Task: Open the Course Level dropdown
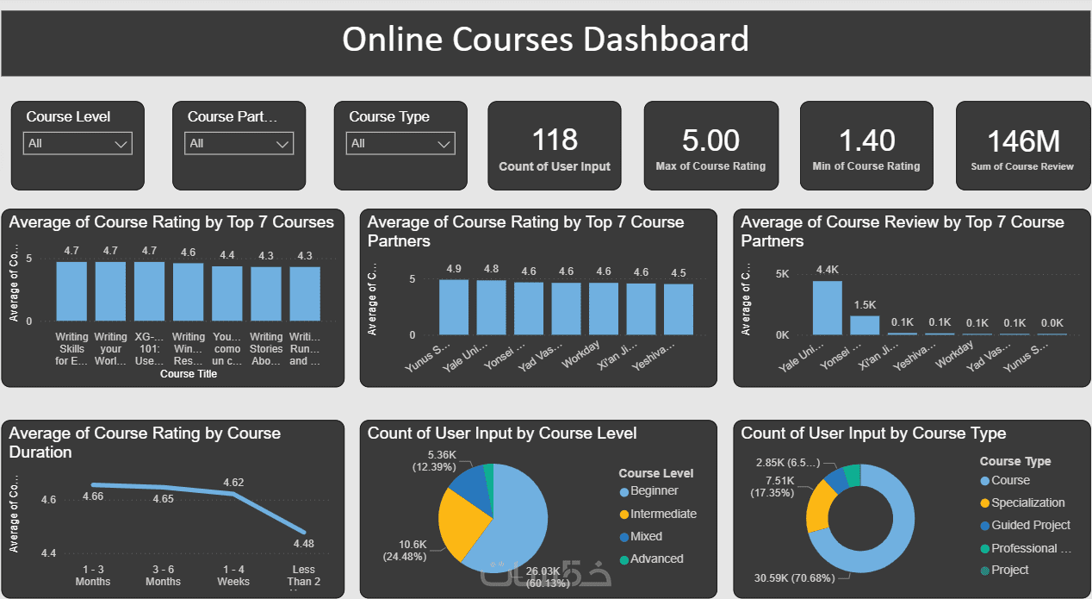[78, 143]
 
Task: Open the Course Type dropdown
[400, 143]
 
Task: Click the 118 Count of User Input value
[555, 140]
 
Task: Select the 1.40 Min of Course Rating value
[866, 140]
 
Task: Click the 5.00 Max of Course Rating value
[710, 140]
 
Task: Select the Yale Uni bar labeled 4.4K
[828, 308]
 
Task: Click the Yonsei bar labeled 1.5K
[865, 325]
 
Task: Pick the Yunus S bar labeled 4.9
[454, 307]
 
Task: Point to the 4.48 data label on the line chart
[304, 544]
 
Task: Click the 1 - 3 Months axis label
[93, 576]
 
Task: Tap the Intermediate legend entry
[663, 514]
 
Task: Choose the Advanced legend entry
[656, 558]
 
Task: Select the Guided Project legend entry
[1030, 525]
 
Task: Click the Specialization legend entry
[1027, 502]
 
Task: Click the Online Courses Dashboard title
[545, 40]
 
